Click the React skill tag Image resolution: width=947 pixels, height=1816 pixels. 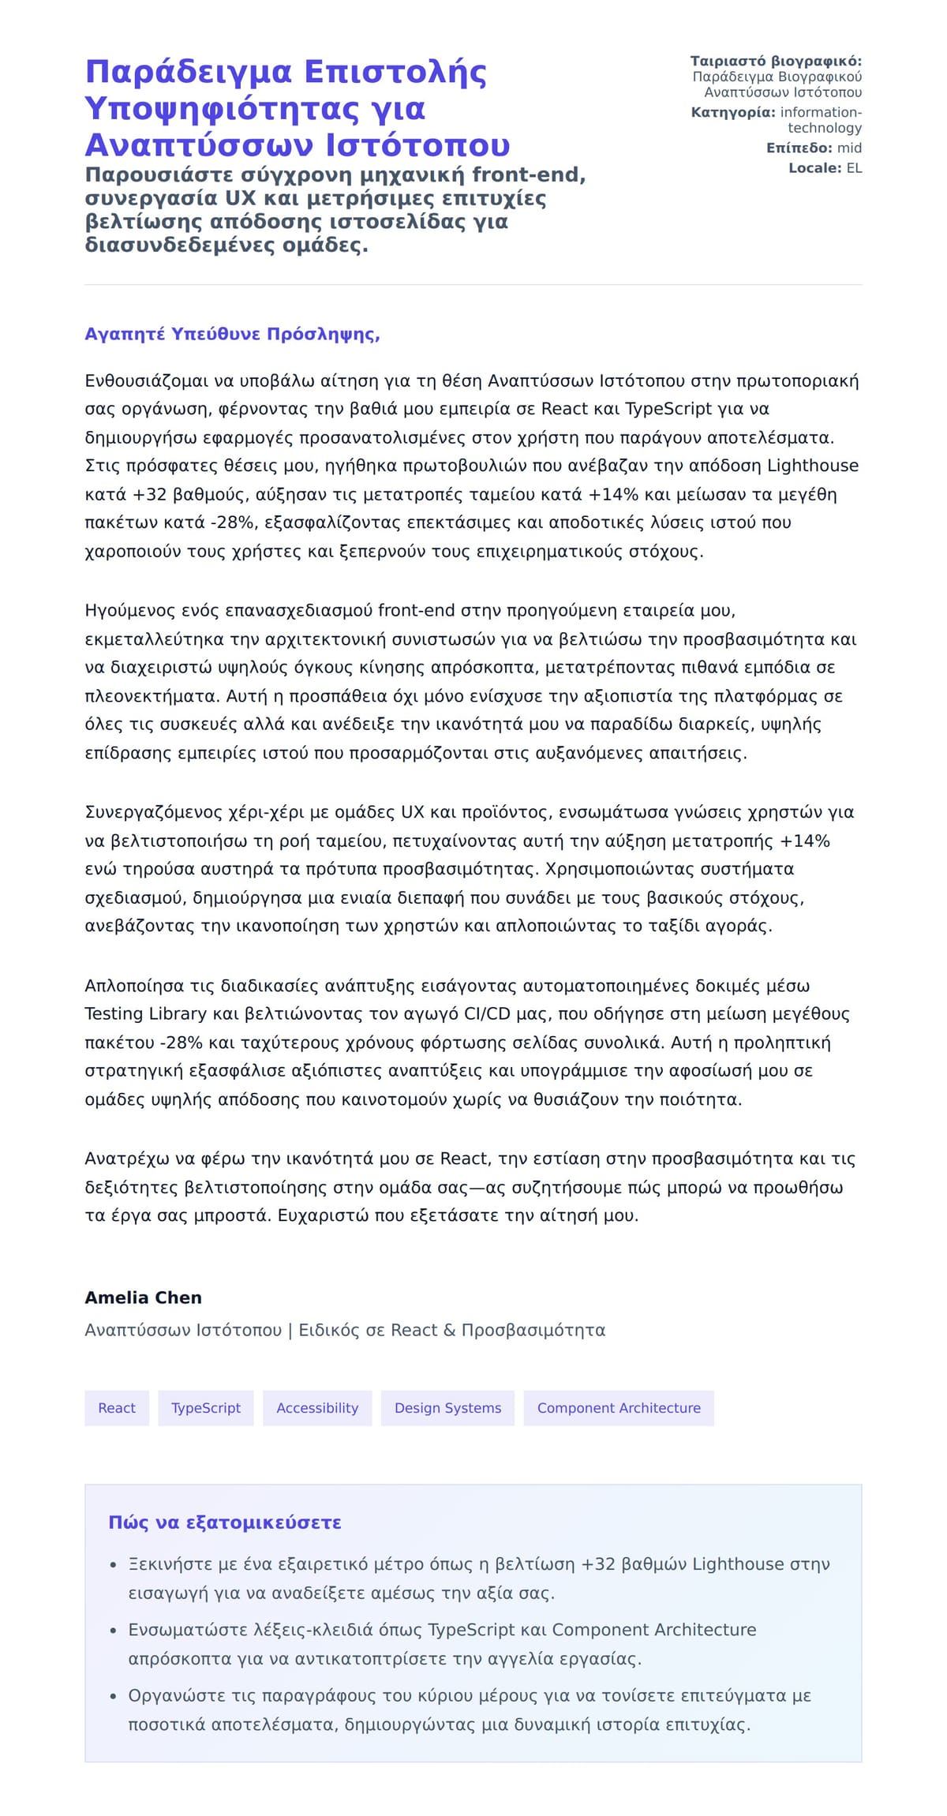117,1408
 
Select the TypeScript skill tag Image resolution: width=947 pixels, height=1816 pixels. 206,1408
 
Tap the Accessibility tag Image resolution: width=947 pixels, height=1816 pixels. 317,1408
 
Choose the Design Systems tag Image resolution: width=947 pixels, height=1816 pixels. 447,1408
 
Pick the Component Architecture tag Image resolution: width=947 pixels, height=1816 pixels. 619,1408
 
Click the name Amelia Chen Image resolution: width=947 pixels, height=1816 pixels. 143,1297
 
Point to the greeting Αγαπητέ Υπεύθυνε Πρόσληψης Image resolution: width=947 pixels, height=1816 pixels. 232,334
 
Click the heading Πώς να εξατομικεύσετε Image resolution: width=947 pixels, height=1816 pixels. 224,1522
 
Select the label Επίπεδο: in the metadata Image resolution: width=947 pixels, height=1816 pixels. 799,148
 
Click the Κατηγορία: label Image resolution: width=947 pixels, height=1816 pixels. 733,113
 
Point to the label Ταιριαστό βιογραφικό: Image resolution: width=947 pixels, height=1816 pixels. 776,62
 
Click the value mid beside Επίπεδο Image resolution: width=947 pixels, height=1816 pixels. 849,148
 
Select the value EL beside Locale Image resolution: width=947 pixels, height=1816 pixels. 854,168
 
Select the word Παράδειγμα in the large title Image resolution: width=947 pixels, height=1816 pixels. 189,72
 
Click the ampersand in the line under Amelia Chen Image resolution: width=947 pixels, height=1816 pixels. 449,1331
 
